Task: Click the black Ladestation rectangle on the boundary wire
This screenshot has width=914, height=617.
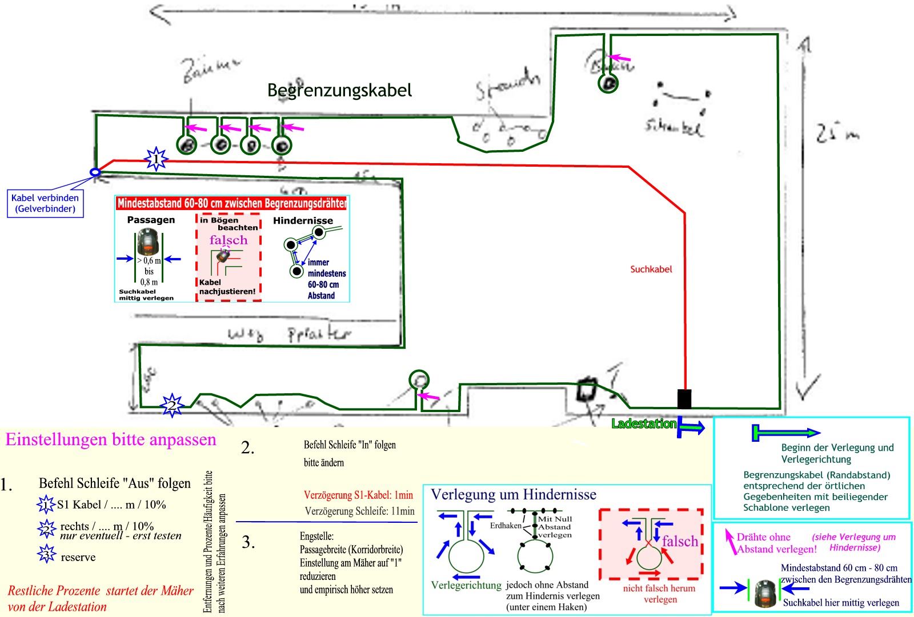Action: (x=684, y=398)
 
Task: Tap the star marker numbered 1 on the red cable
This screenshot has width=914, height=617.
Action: (x=156, y=159)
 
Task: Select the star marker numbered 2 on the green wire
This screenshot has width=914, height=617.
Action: (x=171, y=406)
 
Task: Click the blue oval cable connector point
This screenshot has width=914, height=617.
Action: (x=95, y=172)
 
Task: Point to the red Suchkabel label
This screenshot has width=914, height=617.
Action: (x=651, y=269)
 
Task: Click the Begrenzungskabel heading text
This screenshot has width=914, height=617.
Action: (x=339, y=90)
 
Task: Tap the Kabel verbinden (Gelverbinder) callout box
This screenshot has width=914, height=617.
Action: (x=45, y=203)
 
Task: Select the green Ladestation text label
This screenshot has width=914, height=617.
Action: (x=644, y=424)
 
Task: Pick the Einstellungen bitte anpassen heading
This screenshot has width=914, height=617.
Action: (x=111, y=439)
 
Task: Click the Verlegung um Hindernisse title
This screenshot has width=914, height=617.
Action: (x=513, y=494)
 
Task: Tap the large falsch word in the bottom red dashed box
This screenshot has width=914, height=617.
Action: (x=680, y=541)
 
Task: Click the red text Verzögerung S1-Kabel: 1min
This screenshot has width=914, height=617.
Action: (x=358, y=495)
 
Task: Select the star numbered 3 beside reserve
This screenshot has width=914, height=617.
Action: (x=46, y=554)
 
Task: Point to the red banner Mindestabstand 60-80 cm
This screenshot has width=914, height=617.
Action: (x=231, y=203)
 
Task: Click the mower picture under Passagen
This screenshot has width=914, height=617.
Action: (x=149, y=243)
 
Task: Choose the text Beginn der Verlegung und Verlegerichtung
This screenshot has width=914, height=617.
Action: (x=837, y=453)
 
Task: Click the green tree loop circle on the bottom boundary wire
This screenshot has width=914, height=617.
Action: (x=419, y=379)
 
